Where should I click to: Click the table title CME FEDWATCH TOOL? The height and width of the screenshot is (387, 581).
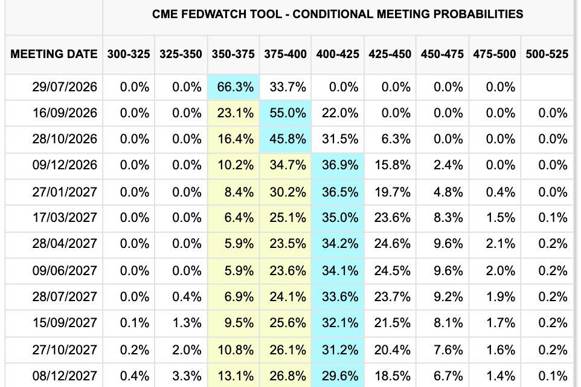tap(217, 14)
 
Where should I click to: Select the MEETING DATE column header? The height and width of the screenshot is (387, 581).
tap(54, 54)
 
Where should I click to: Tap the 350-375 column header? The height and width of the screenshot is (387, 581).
tap(233, 54)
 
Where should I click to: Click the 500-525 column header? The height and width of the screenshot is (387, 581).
tap(547, 54)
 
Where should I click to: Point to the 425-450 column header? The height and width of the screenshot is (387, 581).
tap(390, 54)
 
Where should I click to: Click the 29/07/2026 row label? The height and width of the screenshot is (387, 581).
tap(65, 87)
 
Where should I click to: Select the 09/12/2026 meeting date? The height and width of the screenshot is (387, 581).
tap(65, 164)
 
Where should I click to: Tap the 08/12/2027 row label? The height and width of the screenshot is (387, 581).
tap(65, 376)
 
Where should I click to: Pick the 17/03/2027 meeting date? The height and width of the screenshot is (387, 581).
tap(65, 218)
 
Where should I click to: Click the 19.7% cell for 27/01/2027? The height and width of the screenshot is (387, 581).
tap(393, 192)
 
